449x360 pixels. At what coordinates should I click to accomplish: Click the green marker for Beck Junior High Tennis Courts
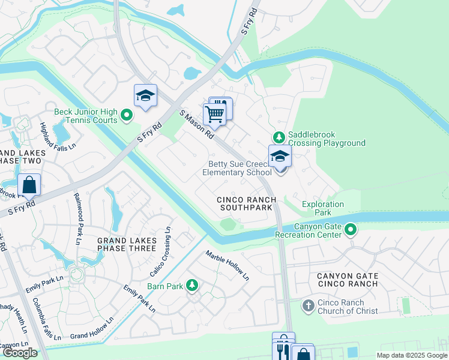click(x=126, y=114)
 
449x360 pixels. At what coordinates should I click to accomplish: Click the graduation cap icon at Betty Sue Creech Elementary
click(x=279, y=157)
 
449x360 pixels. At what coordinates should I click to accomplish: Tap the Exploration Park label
click(x=323, y=208)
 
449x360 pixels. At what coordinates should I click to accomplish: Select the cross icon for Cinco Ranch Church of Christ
click(x=307, y=306)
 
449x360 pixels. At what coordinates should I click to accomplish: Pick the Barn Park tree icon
click(x=192, y=286)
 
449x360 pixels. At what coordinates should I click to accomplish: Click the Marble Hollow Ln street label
click(x=228, y=265)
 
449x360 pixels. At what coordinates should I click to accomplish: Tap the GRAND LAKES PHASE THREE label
click(x=127, y=244)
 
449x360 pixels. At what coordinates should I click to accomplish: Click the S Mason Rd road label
click(x=197, y=124)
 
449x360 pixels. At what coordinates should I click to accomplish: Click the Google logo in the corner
click(x=20, y=353)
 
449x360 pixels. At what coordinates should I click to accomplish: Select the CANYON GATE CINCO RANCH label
click(x=348, y=280)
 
